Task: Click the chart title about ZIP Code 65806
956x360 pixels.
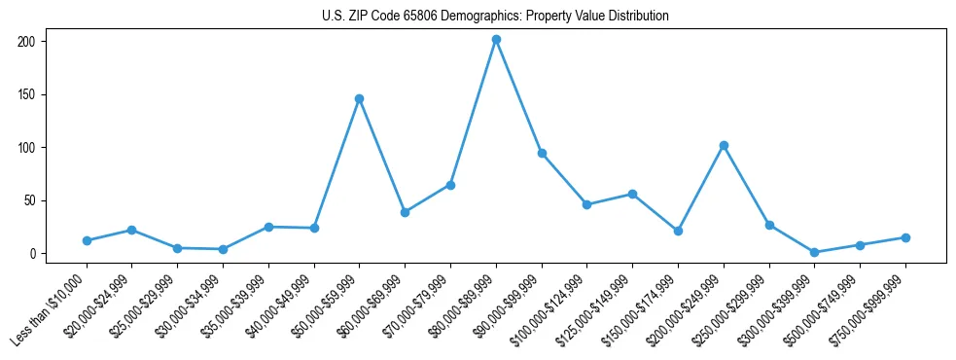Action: pyautogui.click(x=495, y=17)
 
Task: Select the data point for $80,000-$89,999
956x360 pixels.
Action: pyautogui.click(x=496, y=40)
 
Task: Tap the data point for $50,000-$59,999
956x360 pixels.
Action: pyautogui.click(x=359, y=98)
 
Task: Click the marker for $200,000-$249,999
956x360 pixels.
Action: pyautogui.click(x=724, y=145)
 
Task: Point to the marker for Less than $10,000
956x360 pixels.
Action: pyautogui.click(x=87, y=240)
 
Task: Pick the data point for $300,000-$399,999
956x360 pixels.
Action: pyautogui.click(x=814, y=252)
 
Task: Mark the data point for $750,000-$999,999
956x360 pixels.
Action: pyautogui.click(x=905, y=237)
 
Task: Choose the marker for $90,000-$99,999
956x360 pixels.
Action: pyautogui.click(x=542, y=153)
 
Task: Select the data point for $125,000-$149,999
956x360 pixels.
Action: pyautogui.click(x=632, y=194)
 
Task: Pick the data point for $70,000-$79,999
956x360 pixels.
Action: pyautogui.click(x=450, y=185)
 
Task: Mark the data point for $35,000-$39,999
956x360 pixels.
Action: pyautogui.click(x=268, y=227)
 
